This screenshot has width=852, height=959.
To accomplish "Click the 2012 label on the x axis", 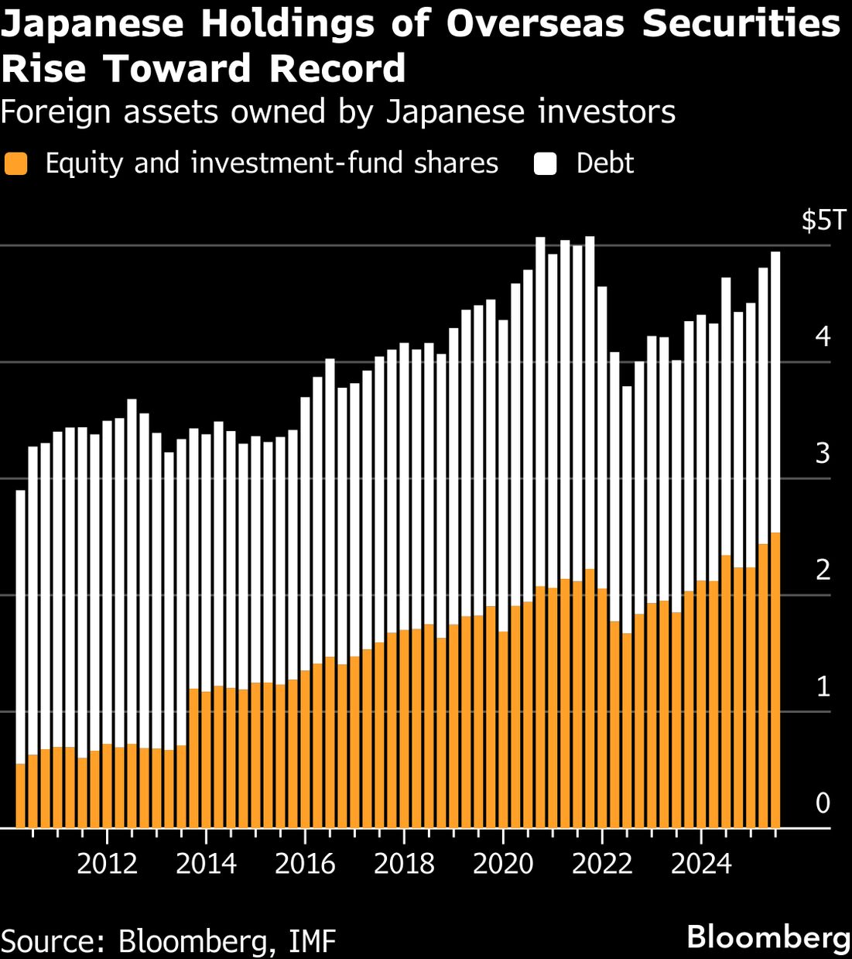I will [107, 863].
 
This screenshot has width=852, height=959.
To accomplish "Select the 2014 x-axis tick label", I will [206, 863].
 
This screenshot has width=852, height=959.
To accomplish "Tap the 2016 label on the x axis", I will [305, 863].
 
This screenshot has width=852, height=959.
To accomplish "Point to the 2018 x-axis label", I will [404, 863].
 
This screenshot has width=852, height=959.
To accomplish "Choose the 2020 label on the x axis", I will [503, 863].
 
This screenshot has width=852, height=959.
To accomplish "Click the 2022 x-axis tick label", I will [602, 863].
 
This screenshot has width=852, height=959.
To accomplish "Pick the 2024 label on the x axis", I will [701, 863].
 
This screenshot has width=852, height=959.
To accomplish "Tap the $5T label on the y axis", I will [824, 221].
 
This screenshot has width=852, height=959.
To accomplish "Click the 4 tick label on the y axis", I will [823, 337].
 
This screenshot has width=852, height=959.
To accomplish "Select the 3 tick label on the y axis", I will [823, 453].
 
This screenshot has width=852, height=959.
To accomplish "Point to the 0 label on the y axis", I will [823, 803].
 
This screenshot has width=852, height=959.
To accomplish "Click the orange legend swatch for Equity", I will [15, 164].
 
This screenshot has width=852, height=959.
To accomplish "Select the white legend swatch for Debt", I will [546, 164].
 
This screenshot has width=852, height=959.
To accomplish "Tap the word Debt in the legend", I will [604, 163].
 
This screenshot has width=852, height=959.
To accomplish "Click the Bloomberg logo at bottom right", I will [768, 937].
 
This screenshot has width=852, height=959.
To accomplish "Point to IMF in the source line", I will [312, 941].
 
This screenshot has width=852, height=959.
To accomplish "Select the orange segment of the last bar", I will [775, 681].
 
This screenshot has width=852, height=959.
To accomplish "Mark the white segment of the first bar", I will [21, 627].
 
